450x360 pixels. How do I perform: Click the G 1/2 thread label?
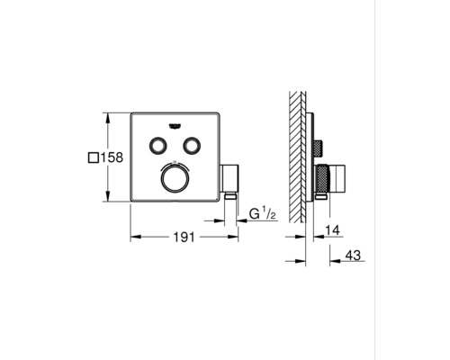[x=261, y=215]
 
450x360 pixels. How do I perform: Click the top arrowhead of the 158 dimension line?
[x=108, y=115]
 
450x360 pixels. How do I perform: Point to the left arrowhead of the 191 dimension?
[x=134, y=238]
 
